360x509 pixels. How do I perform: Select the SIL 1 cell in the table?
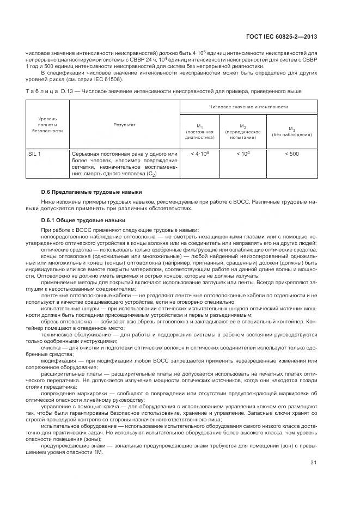(34, 154)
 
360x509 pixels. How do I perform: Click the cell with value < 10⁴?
(243, 154)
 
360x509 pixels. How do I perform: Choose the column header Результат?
(125, 125)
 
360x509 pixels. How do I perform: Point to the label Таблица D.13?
(48, 90)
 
